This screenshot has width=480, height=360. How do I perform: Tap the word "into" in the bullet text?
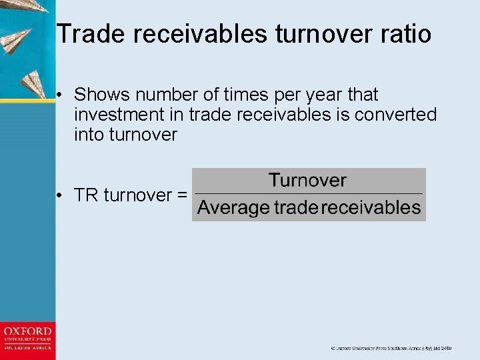[x=88, y=135]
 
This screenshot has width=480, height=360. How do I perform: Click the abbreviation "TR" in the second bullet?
[x=86, y=195]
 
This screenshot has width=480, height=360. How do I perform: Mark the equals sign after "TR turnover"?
[x=181, y=195]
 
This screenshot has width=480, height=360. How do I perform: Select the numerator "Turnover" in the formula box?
[x=307, y=180]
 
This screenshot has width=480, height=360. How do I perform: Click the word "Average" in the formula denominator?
[x=233, y=208]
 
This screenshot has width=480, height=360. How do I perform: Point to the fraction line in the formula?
[x=308, y=194]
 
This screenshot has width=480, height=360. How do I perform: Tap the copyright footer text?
[x=391, y=348]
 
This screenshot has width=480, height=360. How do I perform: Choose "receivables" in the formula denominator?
[x=371, y=208]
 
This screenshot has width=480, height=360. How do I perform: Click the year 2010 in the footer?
[x=445, y=348]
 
